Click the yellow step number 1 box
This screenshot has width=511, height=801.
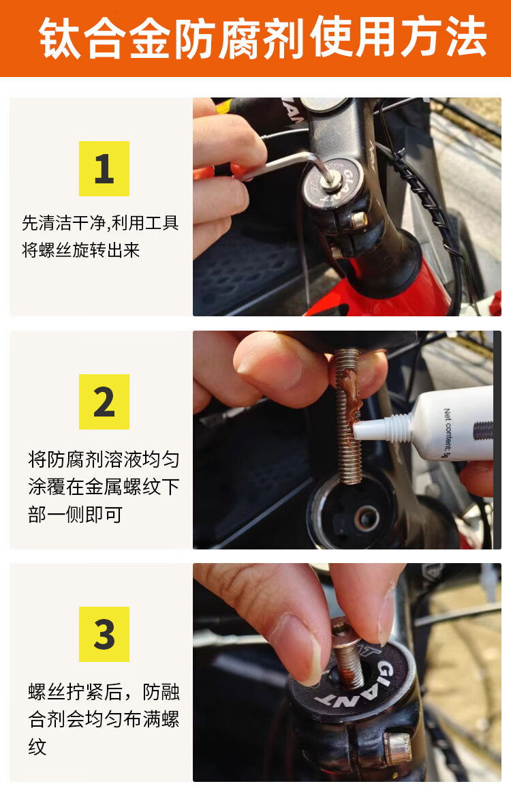click(104, 168)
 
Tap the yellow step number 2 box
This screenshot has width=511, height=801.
click(104, 402)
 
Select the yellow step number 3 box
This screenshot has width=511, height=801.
click(104, 634)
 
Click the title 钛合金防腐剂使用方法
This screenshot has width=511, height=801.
click(262, 37)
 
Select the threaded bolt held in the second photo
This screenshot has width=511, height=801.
click(348, 416)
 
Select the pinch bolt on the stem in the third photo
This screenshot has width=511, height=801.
click(397, 747)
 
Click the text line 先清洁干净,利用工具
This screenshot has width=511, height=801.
click(101, 223)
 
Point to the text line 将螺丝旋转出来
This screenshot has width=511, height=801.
click(80, 250)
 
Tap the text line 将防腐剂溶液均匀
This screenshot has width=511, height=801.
click(104, 459)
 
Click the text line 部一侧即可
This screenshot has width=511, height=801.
click(76, 515)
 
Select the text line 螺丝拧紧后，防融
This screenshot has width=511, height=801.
click(104, 692)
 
